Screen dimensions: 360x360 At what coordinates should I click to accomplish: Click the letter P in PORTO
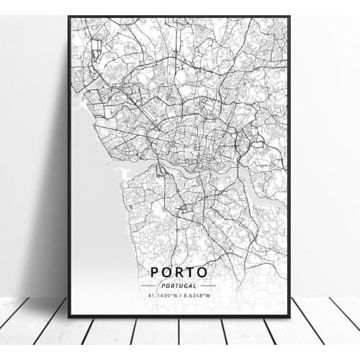(155, 272)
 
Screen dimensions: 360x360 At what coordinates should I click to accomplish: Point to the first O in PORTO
(167, 272)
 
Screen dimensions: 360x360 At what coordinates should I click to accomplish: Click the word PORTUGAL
(179, 285)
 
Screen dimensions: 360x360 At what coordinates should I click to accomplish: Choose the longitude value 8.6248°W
(196, 294)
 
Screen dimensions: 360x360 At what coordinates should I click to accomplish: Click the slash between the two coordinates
(179, 294)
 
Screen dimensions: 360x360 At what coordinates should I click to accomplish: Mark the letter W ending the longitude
(208, 294)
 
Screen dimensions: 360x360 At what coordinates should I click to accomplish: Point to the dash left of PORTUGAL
(152, 285)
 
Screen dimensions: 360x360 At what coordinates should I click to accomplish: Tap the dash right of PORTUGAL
(207, 285)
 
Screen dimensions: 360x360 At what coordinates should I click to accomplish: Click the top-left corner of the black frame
(69, 17)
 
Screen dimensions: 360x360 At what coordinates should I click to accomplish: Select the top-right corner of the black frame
(289, 17)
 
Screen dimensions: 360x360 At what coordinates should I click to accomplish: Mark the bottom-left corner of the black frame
(69, 315)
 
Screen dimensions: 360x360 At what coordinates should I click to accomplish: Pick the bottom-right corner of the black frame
(289, 315)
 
